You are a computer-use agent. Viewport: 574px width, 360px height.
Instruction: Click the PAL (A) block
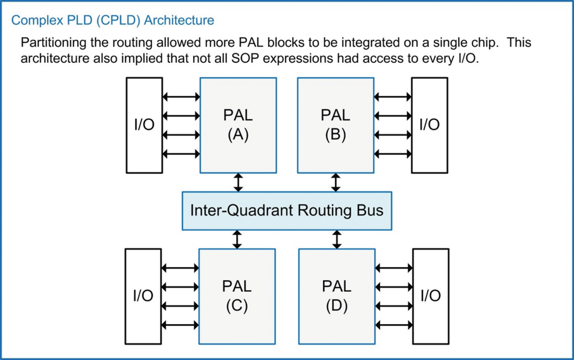click(x=238, y=125)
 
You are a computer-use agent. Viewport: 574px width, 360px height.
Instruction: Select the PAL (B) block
click(x=336, y=125)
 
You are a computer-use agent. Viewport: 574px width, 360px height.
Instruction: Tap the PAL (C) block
click(x=237, y=296)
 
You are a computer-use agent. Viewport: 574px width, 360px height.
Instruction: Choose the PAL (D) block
click(x=337, y=296)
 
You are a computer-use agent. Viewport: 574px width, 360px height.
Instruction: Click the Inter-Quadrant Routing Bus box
click(x=287, y=211)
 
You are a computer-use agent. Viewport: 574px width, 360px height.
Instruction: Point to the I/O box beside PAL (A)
click(x=144, y=125)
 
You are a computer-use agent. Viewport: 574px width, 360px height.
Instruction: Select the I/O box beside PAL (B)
click(x=429, y=125)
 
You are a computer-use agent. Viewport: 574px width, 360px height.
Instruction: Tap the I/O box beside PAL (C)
click(x=143, y=296)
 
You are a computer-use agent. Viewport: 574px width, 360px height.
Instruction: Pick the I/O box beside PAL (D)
click(x=430, y=296)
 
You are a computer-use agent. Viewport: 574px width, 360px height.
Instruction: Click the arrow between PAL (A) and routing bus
click(x=238, y=182)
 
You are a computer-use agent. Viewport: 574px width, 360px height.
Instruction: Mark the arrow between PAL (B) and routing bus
click(x=336, y=182)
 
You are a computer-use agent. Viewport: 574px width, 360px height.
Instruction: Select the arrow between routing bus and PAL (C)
click(x=237, y=239)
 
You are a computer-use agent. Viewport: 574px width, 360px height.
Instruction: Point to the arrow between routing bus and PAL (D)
click(x=337, y=239)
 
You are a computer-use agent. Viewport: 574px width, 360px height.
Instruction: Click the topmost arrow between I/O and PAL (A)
click(x=181, y=97)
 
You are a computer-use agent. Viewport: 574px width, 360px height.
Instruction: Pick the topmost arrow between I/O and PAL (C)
click(x=180, y=268)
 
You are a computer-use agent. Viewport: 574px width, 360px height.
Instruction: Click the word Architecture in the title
click(x=179, y=20)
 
